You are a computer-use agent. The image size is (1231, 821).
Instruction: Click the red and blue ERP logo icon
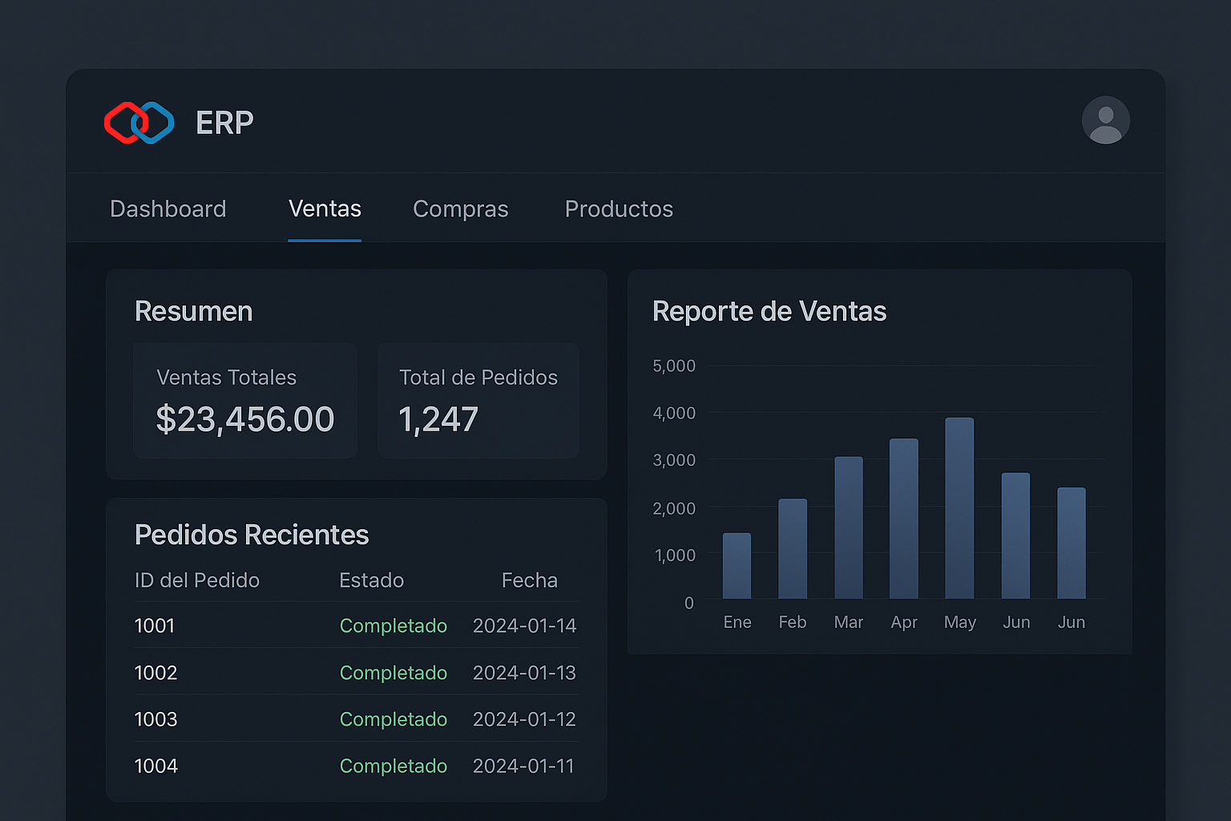coord(139,123)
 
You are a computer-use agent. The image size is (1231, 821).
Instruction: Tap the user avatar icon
coord(1105,120)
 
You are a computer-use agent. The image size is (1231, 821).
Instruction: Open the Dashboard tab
coord(168,208)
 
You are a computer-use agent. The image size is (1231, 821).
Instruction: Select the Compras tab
coord(460,208)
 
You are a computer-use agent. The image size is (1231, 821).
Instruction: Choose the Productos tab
coord(619,208)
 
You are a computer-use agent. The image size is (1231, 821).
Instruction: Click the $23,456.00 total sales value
coord(245,419)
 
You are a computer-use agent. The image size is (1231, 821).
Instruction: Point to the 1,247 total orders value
coord(438,419)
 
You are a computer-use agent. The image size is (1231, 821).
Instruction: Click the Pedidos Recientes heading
coord(252,535)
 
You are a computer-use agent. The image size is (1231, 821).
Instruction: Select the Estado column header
coord(371,580)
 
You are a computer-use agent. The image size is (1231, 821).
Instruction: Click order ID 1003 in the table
coord(156,719)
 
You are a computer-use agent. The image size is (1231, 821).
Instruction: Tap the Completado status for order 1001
coord(393,625)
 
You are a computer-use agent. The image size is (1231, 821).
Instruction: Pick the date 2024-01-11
coord(523,766)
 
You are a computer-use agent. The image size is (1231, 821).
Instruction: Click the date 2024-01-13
coord(524,673)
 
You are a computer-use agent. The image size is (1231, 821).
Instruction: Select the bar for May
coord(959,508)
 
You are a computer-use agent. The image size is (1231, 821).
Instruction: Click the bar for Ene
coord(737,566)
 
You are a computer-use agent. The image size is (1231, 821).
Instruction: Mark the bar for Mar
coord(849,528)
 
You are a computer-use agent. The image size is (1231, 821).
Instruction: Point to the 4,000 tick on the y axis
coord(674,413)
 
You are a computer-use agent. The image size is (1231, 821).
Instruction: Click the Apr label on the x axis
coord(904,622)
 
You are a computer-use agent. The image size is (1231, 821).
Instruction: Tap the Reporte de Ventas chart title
coord(769,311)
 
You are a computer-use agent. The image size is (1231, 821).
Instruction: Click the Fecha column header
coord(529,580)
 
